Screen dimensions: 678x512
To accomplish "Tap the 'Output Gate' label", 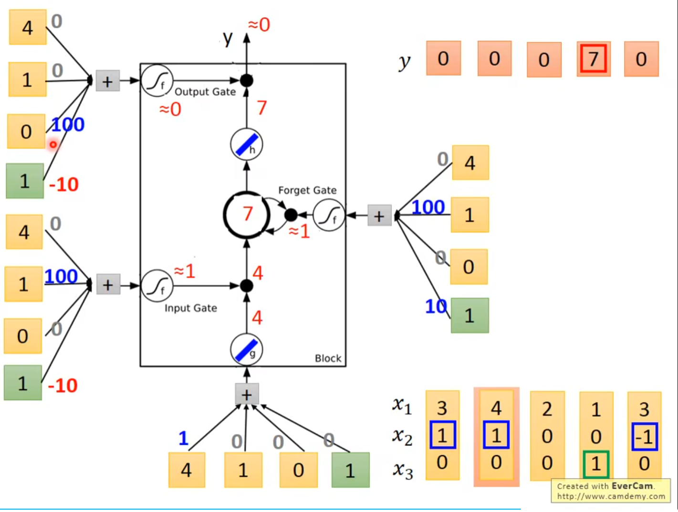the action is click(205, 92).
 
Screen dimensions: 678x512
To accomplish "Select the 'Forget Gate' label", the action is click(307, 190).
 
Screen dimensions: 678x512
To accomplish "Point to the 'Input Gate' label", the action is click(190, 308).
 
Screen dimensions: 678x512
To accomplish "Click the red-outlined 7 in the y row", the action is click(593, 59).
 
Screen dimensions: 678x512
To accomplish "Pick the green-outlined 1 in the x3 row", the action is click(596, 464).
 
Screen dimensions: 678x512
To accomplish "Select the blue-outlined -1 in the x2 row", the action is click(645, 436).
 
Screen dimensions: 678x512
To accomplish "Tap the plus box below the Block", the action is click(247, 394).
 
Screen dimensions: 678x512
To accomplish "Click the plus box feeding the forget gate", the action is click(379, 215).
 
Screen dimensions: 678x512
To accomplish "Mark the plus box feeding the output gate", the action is click(107, 81).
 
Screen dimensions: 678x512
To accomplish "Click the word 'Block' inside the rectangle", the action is click(328, 358).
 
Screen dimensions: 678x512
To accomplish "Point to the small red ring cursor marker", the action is click(53, 144).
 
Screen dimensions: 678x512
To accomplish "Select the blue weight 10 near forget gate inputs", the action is click(436, 307).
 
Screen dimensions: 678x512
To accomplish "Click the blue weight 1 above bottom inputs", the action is click(184, 438).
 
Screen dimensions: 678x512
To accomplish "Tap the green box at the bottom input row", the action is click(350, 470).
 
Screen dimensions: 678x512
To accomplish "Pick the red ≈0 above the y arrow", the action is click(259, 24).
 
